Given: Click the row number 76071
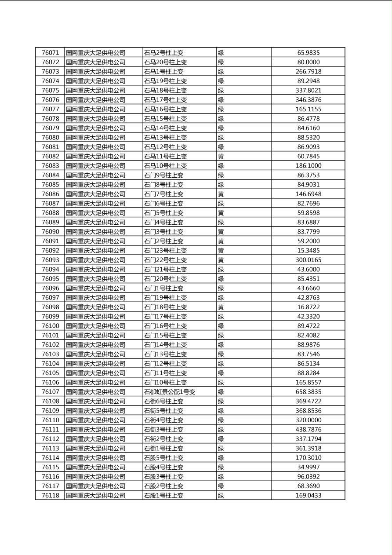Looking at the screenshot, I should point(50,53).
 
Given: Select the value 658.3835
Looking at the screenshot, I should point(309,392).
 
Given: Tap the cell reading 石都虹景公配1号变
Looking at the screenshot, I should point(170,392).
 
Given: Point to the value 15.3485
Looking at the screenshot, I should point(309,251).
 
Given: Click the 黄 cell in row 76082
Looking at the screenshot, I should point(221,157).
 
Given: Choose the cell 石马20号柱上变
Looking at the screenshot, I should point(166,62).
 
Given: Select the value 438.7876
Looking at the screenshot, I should point(309,430).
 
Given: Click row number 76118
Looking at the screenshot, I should point(50,496).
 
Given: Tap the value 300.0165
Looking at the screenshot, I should point(309,260).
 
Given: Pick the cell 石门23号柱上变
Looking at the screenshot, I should point(166,251).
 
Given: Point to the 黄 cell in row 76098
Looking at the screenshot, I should point(221,307).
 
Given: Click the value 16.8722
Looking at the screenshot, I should point(309,307).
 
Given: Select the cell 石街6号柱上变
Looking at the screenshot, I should point(164,401).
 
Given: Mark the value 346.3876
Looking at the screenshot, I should point(309,100).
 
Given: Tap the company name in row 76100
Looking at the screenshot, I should point(96,326).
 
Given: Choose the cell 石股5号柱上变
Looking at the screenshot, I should point(164,458).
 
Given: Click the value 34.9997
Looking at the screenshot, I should point(309,467).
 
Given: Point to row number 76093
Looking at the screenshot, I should point(50,260).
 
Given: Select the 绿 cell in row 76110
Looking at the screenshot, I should point(221,420).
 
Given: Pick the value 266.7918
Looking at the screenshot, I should point(309,72).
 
